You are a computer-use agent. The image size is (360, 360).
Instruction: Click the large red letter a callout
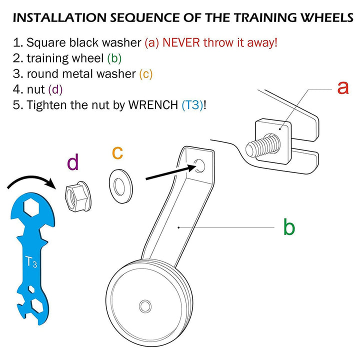342,87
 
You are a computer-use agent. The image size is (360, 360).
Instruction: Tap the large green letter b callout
289,227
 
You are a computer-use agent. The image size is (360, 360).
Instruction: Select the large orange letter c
117,152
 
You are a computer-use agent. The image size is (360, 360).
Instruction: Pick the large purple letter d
73,162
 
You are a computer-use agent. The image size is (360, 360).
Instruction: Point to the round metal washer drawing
120,186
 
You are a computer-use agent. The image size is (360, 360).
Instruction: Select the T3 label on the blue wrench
31,262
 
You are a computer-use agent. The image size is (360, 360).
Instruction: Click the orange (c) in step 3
145,74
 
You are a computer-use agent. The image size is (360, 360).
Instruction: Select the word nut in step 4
36,89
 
